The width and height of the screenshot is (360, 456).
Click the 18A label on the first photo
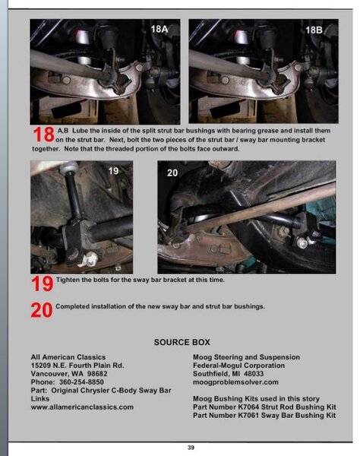pos(159,30)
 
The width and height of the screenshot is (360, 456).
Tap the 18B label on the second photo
pos(314,30)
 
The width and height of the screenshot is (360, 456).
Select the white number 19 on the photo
pos(113,171)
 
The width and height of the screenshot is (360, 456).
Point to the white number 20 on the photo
pos(172,173)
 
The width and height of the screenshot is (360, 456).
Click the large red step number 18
pos(43,135)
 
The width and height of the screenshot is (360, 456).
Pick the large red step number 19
pos(43,283)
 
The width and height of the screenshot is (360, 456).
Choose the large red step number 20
pos(42,310)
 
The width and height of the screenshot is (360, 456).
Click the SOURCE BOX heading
pos(182,342)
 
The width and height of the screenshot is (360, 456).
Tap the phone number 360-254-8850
pos(81,382)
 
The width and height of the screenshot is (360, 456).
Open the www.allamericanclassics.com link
pos(82,407)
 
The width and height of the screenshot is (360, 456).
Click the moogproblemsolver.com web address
pos(235,382)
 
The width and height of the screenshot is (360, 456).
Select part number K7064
pos(248,407)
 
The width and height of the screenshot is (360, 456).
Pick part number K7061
pos(248,415)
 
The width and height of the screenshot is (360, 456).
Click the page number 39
pos(191,448)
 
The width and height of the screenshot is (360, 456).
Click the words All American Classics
pos(68,357)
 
